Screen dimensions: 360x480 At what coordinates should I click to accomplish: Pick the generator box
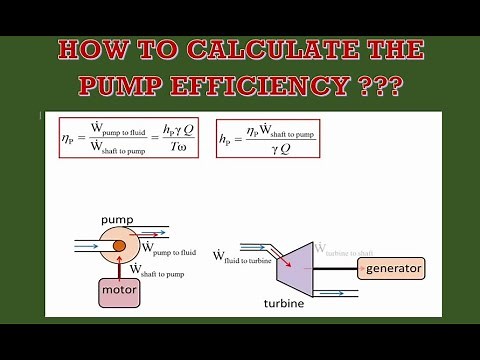pyautogui.click(x=392, y=268)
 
